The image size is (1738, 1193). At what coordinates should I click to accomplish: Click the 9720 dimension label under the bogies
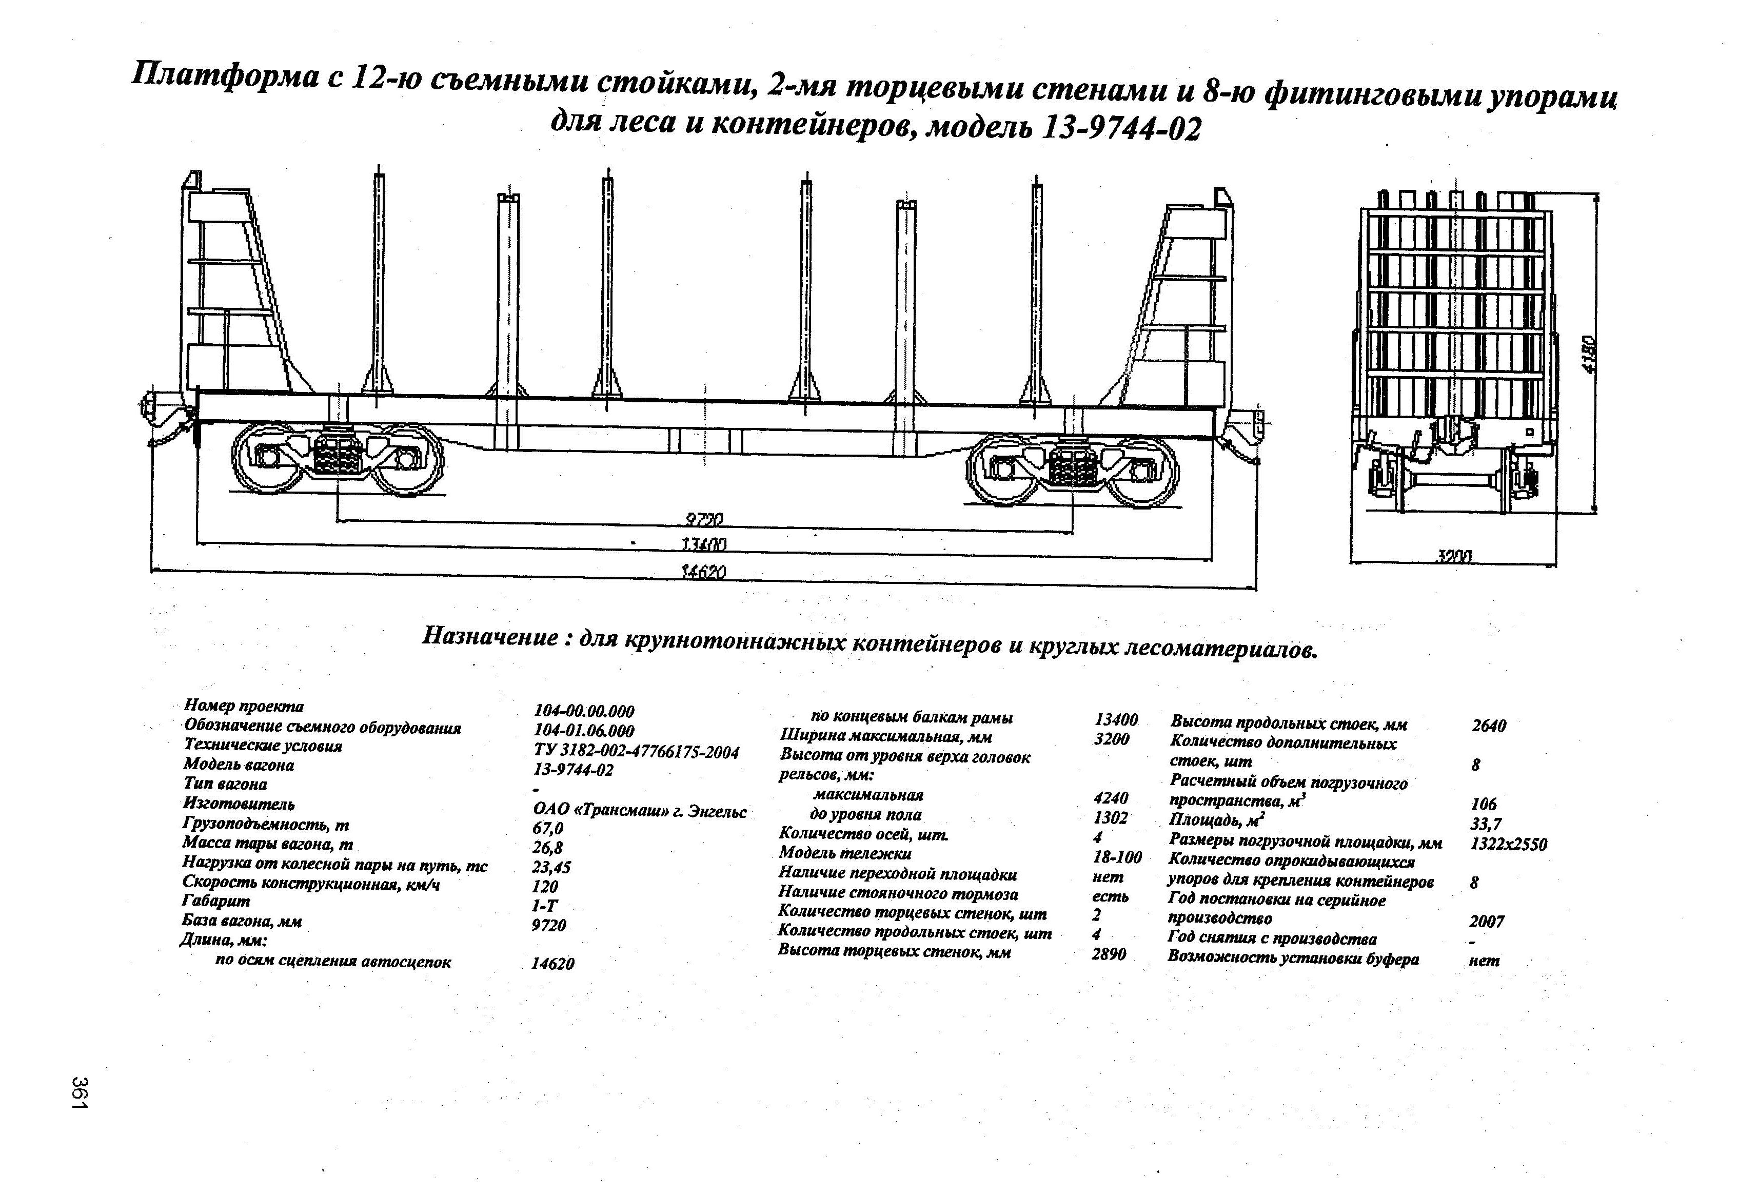(704, 519)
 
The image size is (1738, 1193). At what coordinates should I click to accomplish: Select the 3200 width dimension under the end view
(1454, 556)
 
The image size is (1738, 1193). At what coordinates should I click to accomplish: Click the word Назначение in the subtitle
(490, 636)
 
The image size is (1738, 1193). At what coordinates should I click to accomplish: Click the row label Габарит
(216, 902)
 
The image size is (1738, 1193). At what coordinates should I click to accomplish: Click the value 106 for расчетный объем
(1483, 804)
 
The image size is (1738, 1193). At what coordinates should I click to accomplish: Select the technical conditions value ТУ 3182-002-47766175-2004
(637, 752)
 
